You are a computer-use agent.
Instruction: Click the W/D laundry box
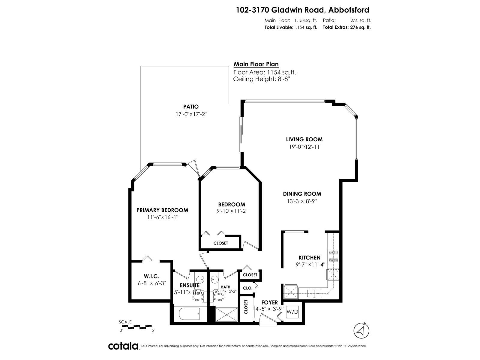pyautogui.click(x=292, y=312)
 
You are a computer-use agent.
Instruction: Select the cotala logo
pyautogui.click(x=123, y=346)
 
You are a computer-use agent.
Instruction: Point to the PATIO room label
pyautogui.click(x=191, y=106)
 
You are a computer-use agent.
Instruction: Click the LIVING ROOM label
pyautogui.click(x=304, y=139)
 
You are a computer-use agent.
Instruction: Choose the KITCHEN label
pyautogui.click(x=309, y=257)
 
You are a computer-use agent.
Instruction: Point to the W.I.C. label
pyautogui.click(x=151, y=276)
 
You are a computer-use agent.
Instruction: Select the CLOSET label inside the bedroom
pyautogui.click(x=220, y=243)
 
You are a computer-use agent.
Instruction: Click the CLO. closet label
pyautogui.click(x=247, y=288)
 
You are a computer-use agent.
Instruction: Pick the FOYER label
pyautogui.click(x=269, y=302)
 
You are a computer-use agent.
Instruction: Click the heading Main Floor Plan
pyautogui.click(x=256, y=64)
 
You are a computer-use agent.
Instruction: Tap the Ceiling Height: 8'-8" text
pyautogui.click(x=261, y=79)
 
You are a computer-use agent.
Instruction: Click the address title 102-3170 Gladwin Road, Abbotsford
pyautogui.click(x=302, y=10)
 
